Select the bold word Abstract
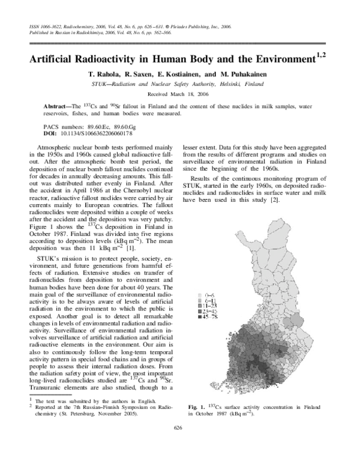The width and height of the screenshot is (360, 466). [58, 106]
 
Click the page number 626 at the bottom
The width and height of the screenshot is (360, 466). [178, 444]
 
